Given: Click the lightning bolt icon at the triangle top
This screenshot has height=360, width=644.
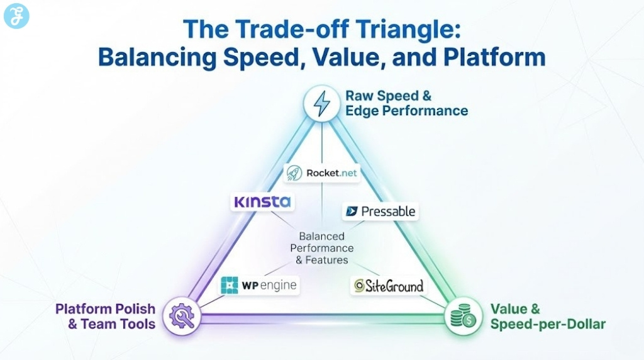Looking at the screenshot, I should coord(322,103).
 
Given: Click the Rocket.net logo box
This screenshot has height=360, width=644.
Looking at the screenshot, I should coord(321,173).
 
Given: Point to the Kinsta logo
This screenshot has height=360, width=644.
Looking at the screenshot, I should coord(262,202).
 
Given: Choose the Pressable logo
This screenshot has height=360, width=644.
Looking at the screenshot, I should coord(380,211).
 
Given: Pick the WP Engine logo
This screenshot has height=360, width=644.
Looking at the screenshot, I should coord(258,285).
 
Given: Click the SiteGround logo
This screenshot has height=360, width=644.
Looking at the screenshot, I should coord(389,286).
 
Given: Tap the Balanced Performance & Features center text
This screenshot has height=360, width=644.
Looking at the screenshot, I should coord(321,248).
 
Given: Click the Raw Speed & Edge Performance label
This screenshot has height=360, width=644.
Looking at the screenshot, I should coord(406,103).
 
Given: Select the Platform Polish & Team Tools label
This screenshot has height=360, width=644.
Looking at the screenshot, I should coord(105,317).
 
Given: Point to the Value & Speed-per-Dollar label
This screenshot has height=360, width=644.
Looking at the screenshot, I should coord(547,317).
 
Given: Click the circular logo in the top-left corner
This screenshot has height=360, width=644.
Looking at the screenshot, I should coord(16,16).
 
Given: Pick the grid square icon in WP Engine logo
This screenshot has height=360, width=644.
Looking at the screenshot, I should coord(230,285).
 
